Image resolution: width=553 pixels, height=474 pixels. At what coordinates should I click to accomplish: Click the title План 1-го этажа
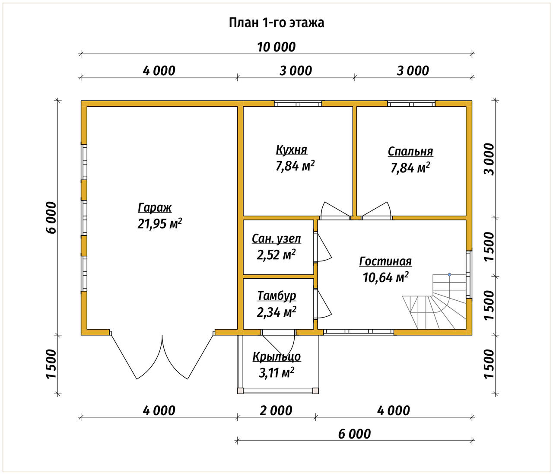tap(276, 23)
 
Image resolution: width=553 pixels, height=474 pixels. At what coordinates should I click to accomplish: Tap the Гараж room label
tap(155, 208)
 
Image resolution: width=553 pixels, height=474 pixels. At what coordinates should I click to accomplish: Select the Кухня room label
tap(291, 150)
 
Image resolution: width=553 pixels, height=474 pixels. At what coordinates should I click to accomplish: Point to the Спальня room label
tap(410, 152)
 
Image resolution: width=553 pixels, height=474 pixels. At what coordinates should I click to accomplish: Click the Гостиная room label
tap(385, 261)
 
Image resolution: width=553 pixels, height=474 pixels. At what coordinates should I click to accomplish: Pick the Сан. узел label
tap(276, 239)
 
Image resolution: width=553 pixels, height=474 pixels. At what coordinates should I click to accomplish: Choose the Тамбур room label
tap(276, 296)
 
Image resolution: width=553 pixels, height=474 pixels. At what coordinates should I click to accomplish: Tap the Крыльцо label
tap(276, 357)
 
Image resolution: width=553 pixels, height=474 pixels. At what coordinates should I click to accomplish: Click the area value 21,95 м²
tap(160, 223)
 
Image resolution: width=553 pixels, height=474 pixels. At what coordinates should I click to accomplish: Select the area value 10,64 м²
tap(385, 277)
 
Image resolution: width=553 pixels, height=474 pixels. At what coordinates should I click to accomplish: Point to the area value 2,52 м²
tap(276, 254)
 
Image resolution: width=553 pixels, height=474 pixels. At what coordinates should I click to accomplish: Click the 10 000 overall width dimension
tap(276, 48)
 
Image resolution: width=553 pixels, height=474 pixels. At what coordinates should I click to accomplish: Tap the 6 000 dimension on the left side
tap(52, 218)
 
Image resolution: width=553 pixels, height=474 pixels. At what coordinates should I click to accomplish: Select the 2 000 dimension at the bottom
tap(276, 411)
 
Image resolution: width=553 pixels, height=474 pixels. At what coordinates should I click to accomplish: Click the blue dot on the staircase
tap(449, 275)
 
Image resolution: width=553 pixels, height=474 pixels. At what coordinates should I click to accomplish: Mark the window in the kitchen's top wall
tap(298, 104)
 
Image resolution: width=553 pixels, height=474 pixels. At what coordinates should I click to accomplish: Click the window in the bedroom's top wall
tap(411, 104)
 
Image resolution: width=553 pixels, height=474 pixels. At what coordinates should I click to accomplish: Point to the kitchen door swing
tap(336, 209)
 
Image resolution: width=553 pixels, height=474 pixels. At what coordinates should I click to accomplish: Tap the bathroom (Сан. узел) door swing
tap(323, 247)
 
